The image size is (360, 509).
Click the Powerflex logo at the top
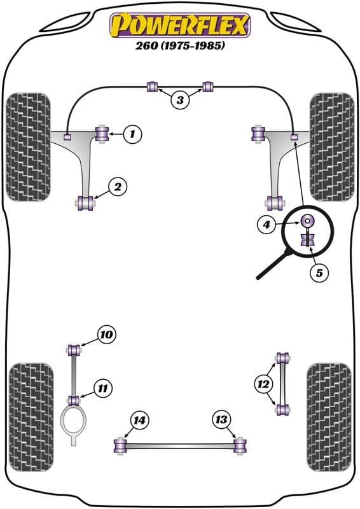[180, 25]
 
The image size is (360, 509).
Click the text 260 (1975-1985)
[180, 46]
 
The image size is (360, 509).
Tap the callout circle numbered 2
[118, 186]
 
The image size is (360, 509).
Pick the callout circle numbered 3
[180, 100]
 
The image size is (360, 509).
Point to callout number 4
[267, 223]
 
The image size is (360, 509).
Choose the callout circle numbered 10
[106, 334]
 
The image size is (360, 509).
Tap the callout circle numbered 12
[263, 384]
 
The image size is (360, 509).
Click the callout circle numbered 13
[221, 419]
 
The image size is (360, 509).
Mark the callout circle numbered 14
[139, 419]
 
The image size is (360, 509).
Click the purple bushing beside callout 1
[101, 134]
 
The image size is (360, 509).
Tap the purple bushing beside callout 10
[74, 349]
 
